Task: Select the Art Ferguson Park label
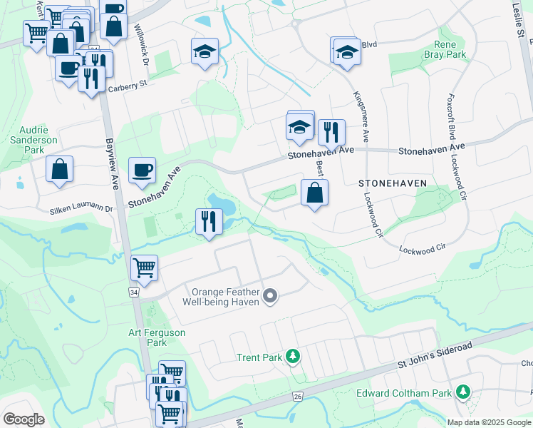click(x=157, y=337)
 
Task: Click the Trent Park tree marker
click(x=291, y=355)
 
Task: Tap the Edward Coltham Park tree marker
click(x=463, y=392)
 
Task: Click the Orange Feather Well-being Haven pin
click(x=270, y=295)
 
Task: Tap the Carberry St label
click(x=127, y=86)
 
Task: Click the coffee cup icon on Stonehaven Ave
click(x=142, y=170)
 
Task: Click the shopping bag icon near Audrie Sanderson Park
click(x=60, y=169)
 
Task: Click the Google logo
click(x=24, y=420)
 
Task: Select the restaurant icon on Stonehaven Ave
click(x=331, y=132)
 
